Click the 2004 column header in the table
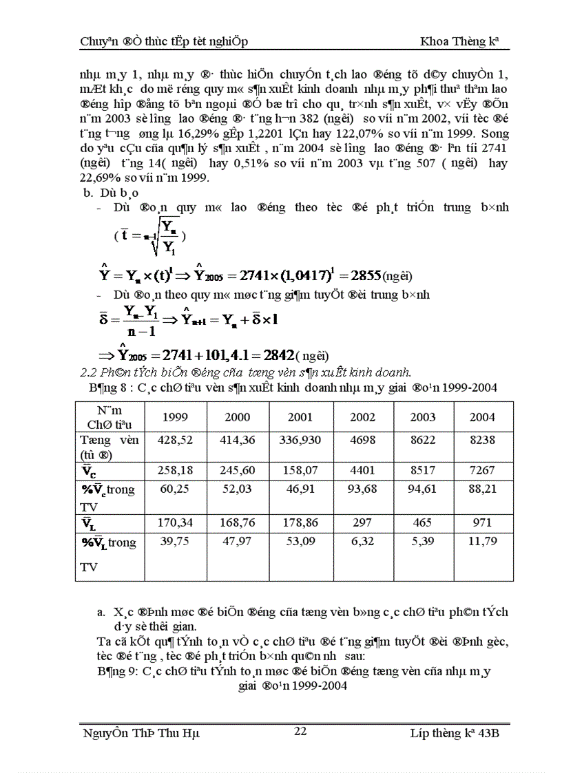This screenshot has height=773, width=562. [482, 417]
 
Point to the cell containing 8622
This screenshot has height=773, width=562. [423, 441]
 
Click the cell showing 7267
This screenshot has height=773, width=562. [482, 471]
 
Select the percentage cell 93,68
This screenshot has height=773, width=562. [362, 489]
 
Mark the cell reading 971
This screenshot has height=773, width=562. [482, 523]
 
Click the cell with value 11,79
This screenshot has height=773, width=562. [482, 542]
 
